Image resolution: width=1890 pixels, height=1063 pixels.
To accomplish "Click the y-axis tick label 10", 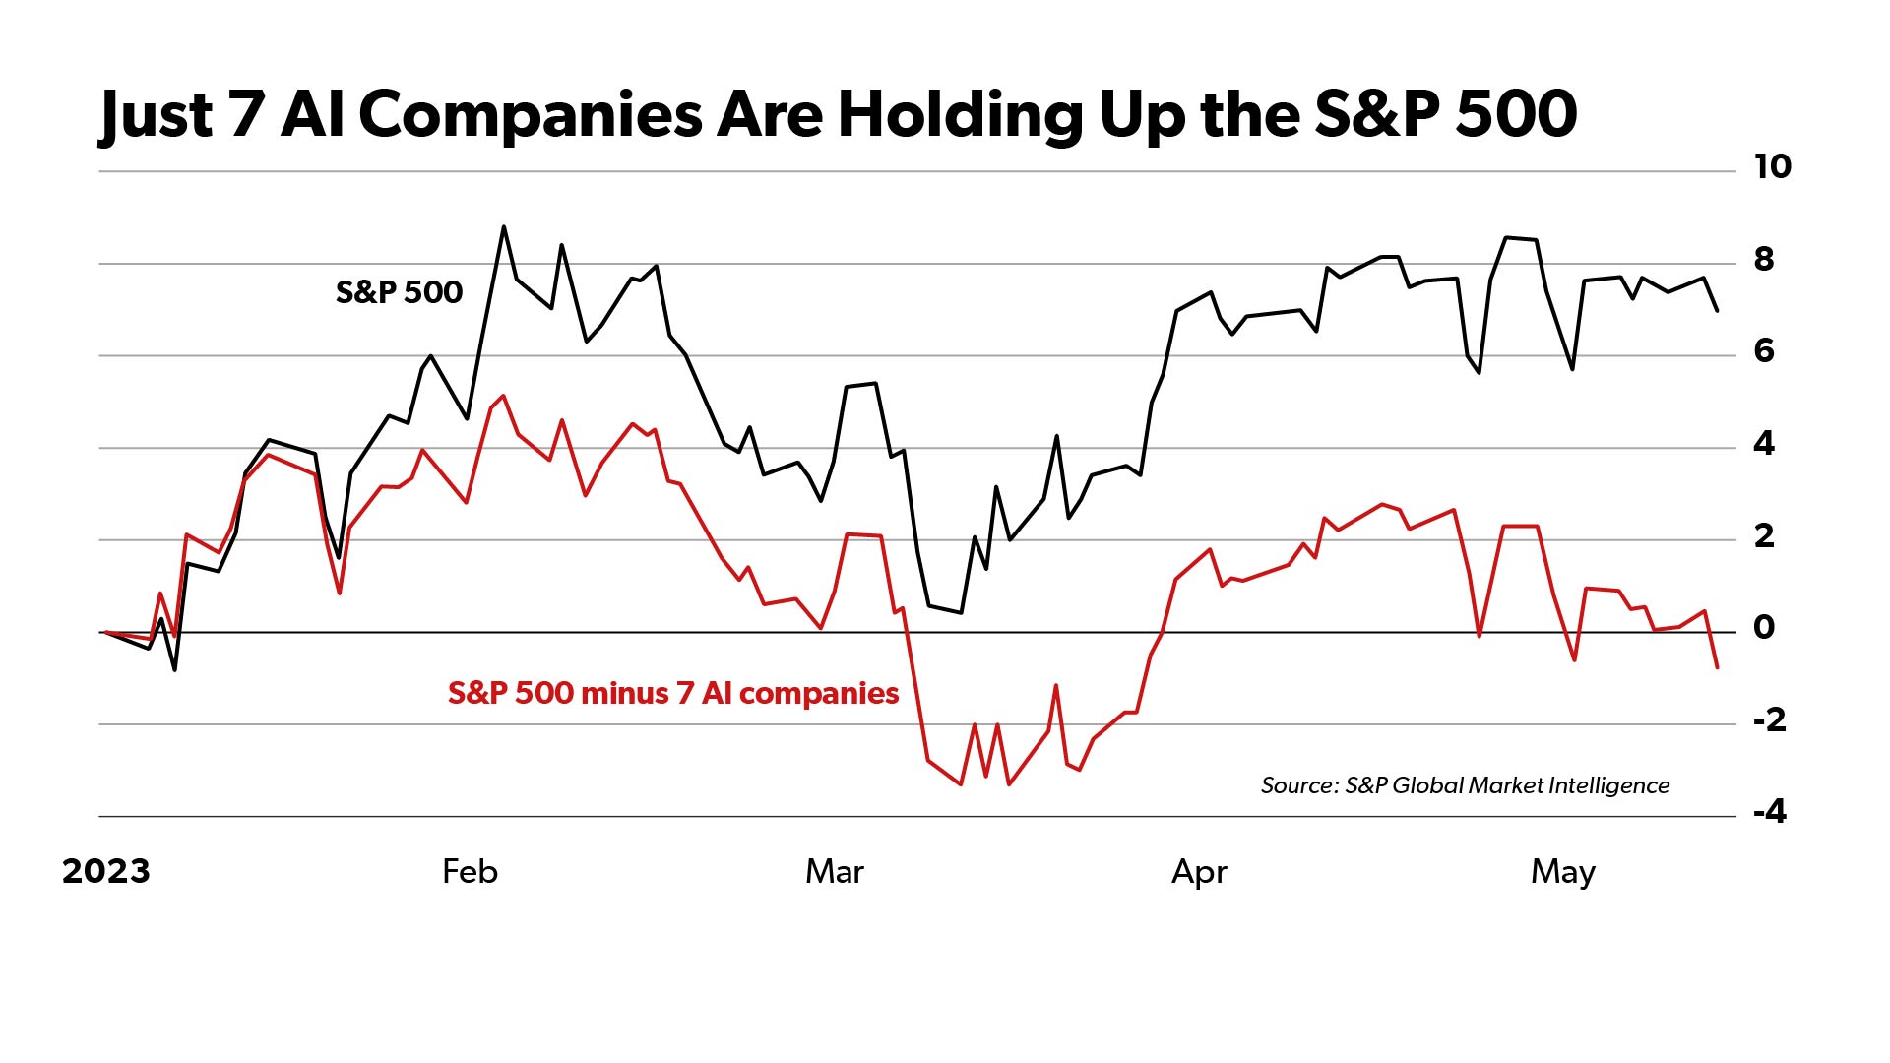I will click(x=1772, y=166).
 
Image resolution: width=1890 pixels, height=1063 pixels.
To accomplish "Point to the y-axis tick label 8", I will click(x=1764, y=259).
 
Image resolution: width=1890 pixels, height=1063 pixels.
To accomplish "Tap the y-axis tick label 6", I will click(x=1764, y=350).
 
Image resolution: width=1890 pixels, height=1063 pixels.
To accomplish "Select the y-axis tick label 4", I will click(x=1764, y=443).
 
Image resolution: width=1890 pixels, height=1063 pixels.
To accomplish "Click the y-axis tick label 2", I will click(x=1764, y=535).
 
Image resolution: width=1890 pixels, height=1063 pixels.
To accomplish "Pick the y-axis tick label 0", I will click(x=1764, y=627).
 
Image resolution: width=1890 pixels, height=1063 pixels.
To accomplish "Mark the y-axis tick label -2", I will click(x=1769, y=719).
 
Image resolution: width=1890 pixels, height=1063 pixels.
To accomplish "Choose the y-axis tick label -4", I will click(x=1769, y=811).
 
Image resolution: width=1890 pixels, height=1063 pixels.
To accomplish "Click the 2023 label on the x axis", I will click(x=106, y=871).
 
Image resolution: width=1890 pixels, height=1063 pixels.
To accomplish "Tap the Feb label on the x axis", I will click(x=470, y=871).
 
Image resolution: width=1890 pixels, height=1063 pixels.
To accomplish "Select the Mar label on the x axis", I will click(x=834, y=871).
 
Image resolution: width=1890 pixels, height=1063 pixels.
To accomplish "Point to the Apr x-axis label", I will click(x=1199, y=872).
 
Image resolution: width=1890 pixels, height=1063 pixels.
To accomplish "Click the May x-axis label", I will click(x=1562, y=872).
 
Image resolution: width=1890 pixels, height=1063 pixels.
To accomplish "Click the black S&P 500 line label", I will click(x=399, y=292).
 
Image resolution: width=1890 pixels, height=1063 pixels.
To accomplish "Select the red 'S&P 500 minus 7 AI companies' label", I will click(x=673, y=693).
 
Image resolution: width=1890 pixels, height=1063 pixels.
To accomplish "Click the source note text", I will click(x=1465, y=785).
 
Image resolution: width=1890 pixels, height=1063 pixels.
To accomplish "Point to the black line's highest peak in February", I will click(x=504, y=227).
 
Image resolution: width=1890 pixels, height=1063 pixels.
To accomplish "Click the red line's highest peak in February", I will click(x=504, y=396).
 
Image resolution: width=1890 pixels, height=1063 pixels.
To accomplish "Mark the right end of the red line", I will click(x=1718, y=668).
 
